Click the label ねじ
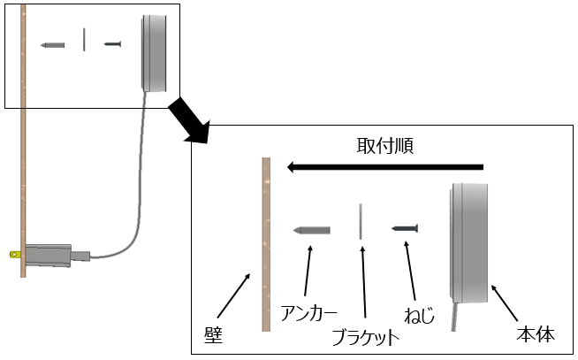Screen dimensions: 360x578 click(x=419, y=313)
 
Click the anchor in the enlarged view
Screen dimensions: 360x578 click(x=311, y=230)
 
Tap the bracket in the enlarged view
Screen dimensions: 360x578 click(x=361, y=221)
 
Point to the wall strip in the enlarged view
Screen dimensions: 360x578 click(x=265, y=243)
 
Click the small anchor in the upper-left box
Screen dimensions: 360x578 click(x=53, y=44)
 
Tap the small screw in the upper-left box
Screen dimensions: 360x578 click(x=111, y=43)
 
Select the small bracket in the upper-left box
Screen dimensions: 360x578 click(x=84, y=40)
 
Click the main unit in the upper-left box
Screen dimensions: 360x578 click(x=156, y=53)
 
